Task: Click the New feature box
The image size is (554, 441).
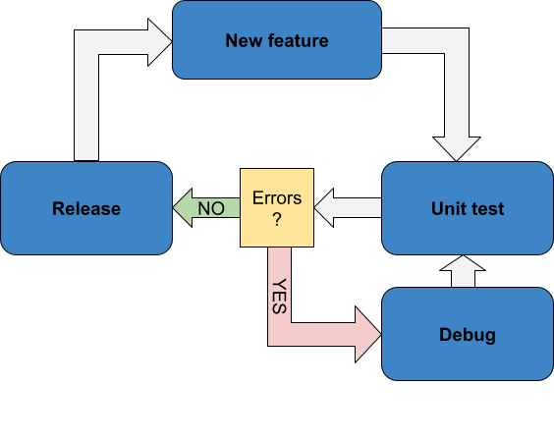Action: point(277,40)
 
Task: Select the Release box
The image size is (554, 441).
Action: point(86,208)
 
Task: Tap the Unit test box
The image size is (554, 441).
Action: point(468,208)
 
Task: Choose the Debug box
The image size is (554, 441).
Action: point(468,334)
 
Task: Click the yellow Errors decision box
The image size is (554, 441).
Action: point(277,208)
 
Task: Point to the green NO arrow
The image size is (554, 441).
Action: point(206,208)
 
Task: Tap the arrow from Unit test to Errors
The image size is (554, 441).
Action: point(348,208)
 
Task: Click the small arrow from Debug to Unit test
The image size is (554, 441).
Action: point(463,271)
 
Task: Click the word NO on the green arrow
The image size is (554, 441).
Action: point(211,208)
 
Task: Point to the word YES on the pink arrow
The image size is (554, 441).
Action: point(279,297)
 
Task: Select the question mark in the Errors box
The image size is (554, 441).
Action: point(277,219)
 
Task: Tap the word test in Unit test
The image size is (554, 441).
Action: point(486,208)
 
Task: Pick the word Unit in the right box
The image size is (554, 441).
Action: point(447,208)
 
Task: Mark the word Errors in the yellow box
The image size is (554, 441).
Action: point(277,197)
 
